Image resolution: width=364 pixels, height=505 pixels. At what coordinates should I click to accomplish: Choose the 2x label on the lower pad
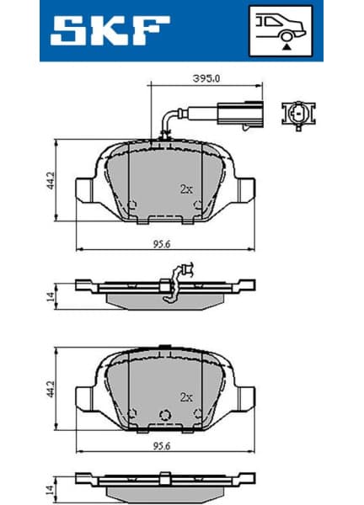pyautogui.click(x=186, y=396)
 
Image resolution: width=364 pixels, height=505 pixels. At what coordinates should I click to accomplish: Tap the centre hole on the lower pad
pyautogui.click(x=166, y=413)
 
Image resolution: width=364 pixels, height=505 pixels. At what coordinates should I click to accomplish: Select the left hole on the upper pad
pyautogui.click(x=134, y=204)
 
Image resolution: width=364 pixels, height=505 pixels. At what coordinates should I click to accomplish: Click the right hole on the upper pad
pyautogui.click(x=197, y=204)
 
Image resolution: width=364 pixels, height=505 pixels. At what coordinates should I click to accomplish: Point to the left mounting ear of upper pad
pyautogui.click(x=87, y=187)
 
